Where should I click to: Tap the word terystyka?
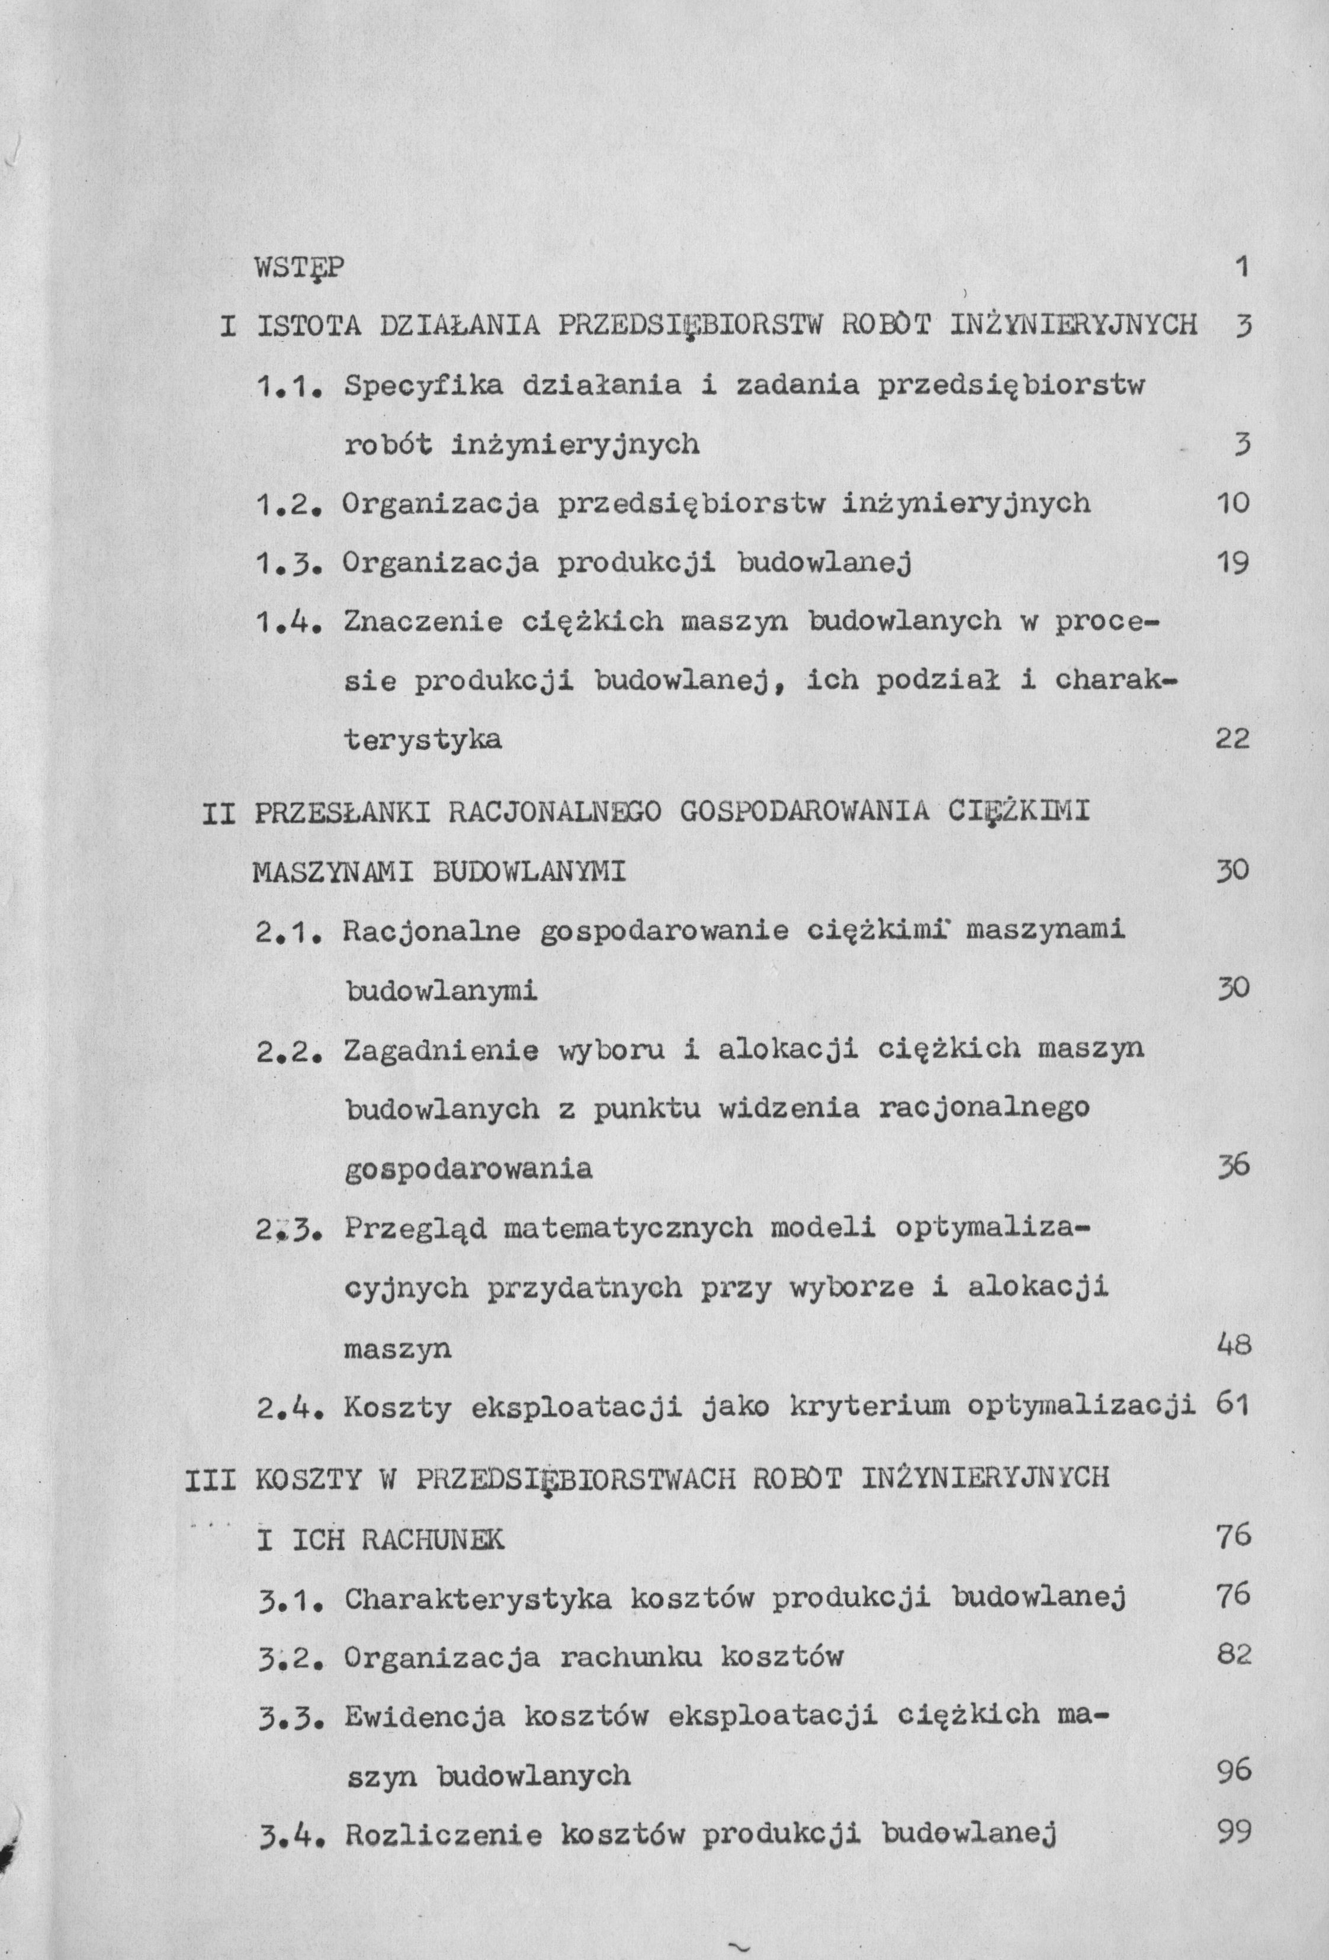(423, 741)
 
